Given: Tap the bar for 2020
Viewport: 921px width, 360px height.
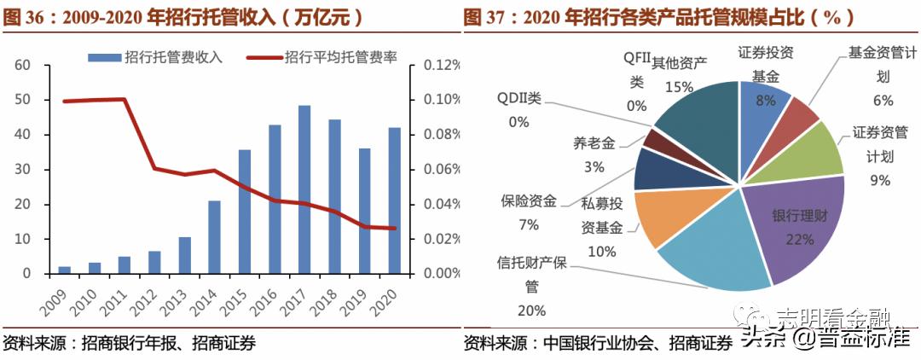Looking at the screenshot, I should pyautogui.click(x=394, y=200).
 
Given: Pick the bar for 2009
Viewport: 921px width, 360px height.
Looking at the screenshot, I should pyautogui.click(x=65, y=270).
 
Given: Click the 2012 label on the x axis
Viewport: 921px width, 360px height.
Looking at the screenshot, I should pyautogui.click(x=150, y=299).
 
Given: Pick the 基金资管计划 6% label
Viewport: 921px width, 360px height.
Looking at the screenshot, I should pyautogui.click(x=882, y=77).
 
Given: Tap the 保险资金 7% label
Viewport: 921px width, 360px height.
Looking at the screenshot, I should pyautogui.click(x=528, y=213).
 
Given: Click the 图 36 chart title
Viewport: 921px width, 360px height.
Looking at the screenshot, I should pyautogui.click(x=182, y=16).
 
